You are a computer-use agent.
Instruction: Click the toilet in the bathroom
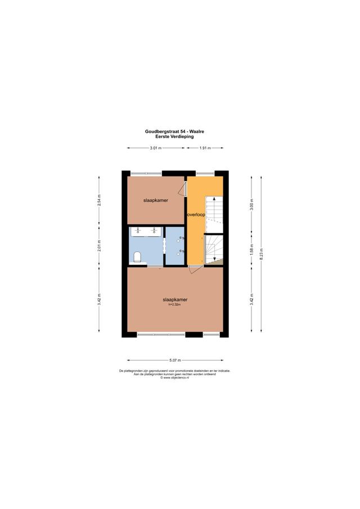pos(137,258)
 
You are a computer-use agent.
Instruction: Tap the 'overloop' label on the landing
pos(196,214)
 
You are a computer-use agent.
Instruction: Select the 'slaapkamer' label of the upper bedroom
pos(155,200)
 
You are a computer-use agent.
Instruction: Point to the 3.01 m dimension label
pos(156,148)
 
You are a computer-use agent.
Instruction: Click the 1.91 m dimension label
pos(205,148)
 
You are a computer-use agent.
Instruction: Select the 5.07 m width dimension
pos(175,361)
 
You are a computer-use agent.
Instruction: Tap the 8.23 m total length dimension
pos(260,254)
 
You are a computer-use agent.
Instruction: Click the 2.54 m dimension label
pos(100,201)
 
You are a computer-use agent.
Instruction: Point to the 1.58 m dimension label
pos(252,247)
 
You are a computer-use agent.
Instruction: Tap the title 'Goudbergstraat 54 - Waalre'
pos(174,131)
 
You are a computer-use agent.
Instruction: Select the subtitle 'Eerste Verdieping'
pos(174,136)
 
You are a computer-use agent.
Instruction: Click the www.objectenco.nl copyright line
pos(175,378)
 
